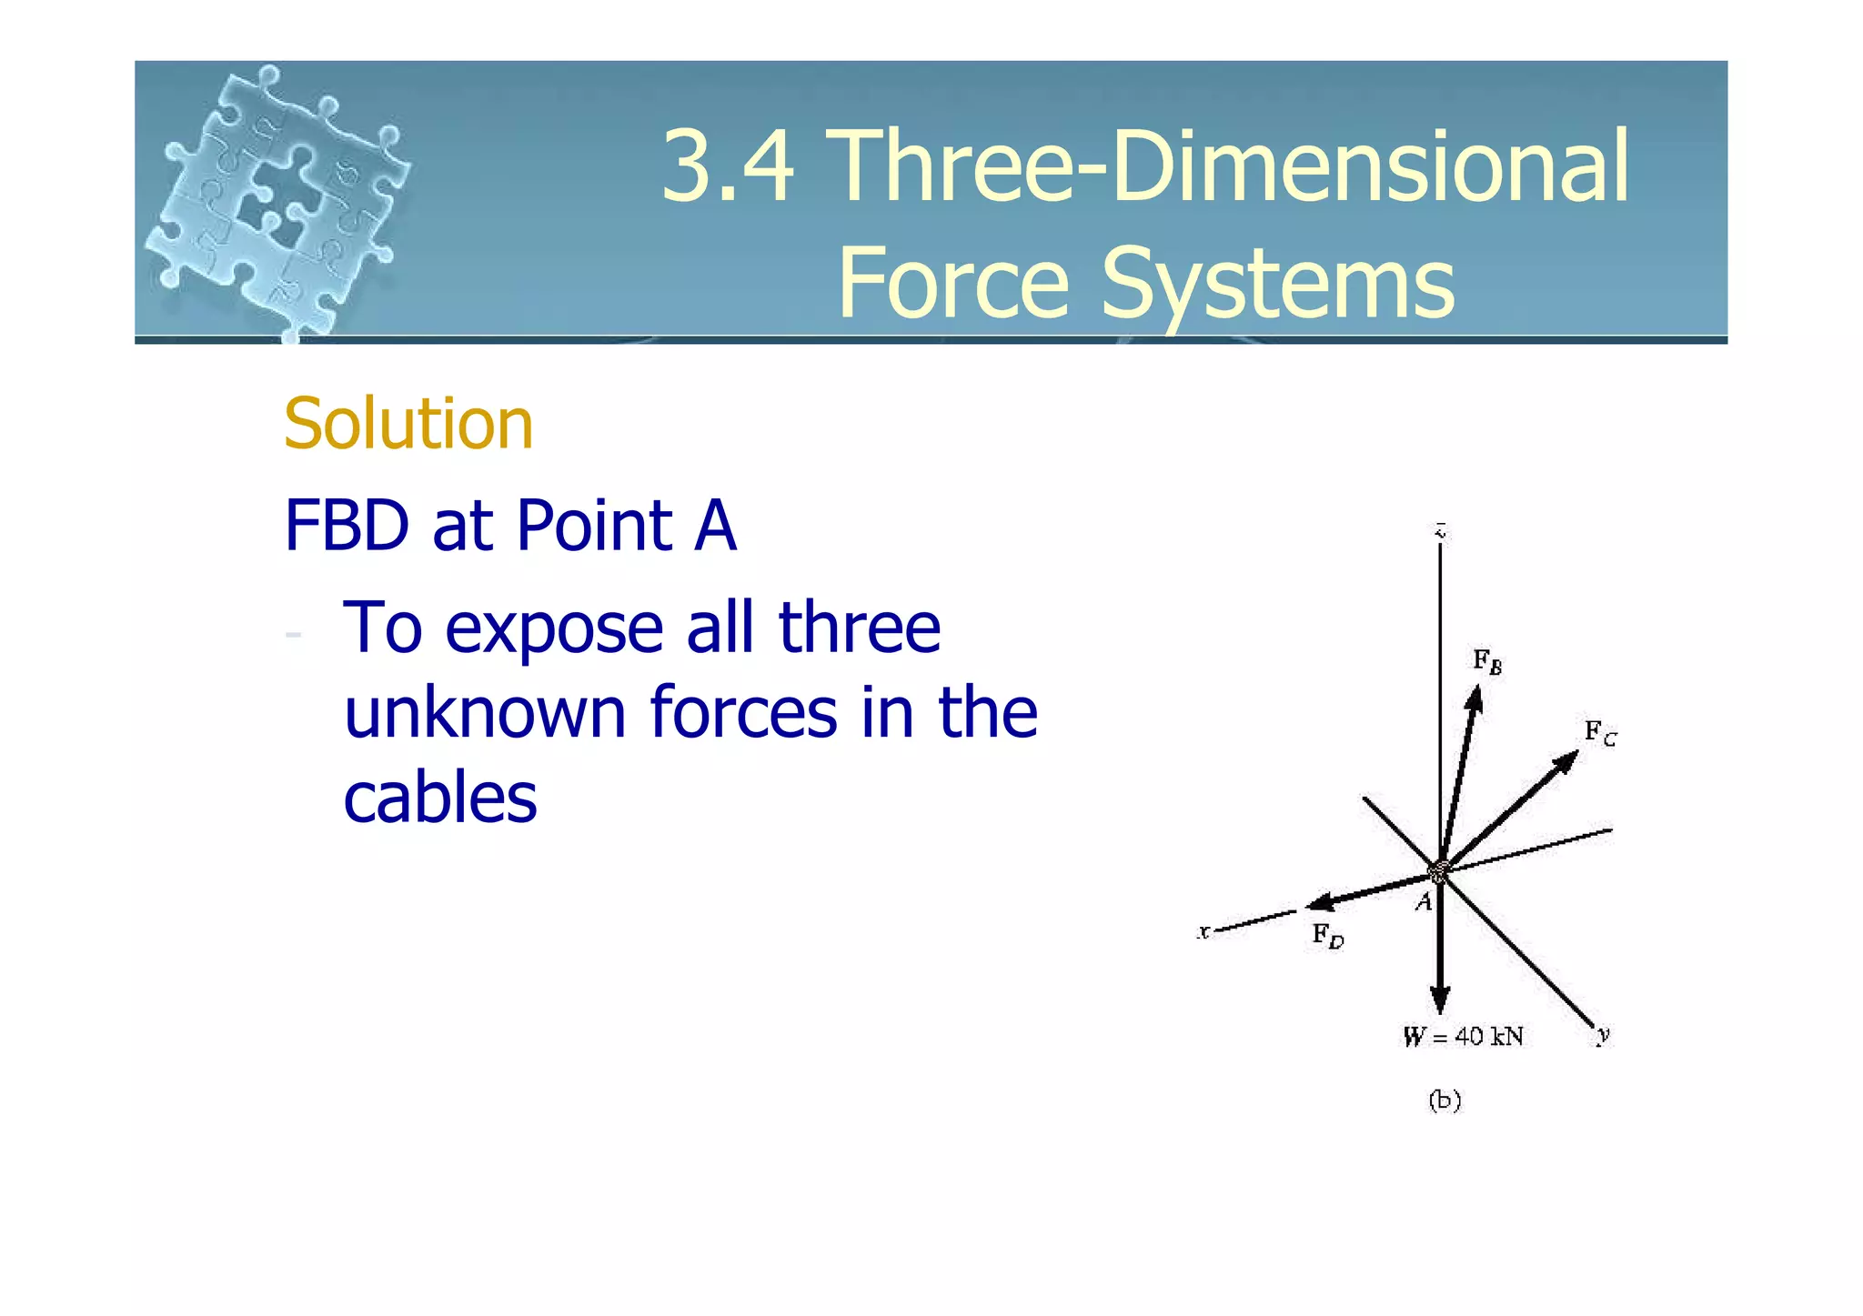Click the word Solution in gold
tap(408, 425)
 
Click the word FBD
tap(347, 526)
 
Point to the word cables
tap(440, 798)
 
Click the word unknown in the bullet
tap(485, 712)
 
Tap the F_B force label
tap(1487, 662)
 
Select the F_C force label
tap(1600, 732)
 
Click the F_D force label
tap(1327, 935)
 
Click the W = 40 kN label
tap(1463, 1037)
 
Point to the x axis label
tap(1203, 931)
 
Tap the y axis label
tap(1603, 1034)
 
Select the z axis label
tap(1440, 529)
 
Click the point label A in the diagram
tap(1425, 902)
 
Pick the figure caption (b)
tap(1445, 1100)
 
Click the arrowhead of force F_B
tap(1475, 698)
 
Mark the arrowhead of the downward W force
tap(1439, 1001)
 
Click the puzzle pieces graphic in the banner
tap(277, 200)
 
